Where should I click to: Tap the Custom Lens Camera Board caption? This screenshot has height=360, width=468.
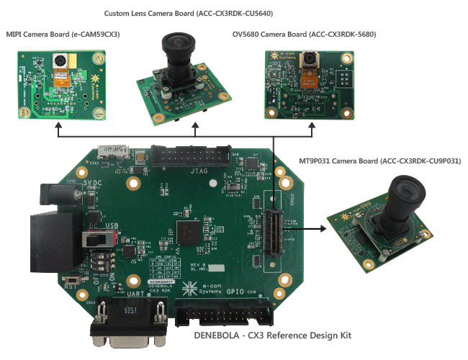coord(189,14)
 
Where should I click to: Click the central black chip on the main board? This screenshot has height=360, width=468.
coord(189,232)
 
